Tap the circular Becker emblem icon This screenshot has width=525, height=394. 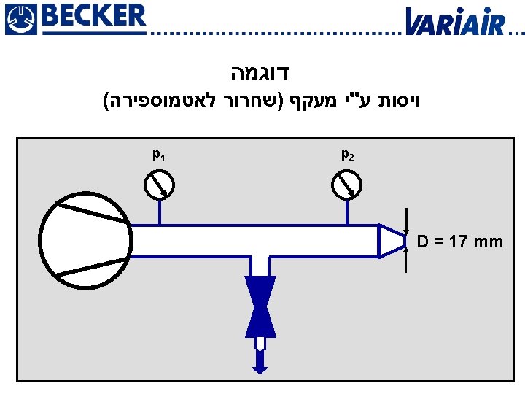(x=19, y=19)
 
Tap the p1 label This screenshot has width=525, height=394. (x=157, y=155)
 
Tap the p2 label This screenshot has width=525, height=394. (x=347, y=155)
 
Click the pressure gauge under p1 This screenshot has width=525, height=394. (x=159, y=185)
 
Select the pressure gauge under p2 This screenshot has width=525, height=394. (x=346, y=185)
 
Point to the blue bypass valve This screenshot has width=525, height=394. (x=260, y=306)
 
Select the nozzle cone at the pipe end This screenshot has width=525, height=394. (x=391, y=240)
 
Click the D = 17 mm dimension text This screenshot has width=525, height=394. (x=460, y=242)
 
